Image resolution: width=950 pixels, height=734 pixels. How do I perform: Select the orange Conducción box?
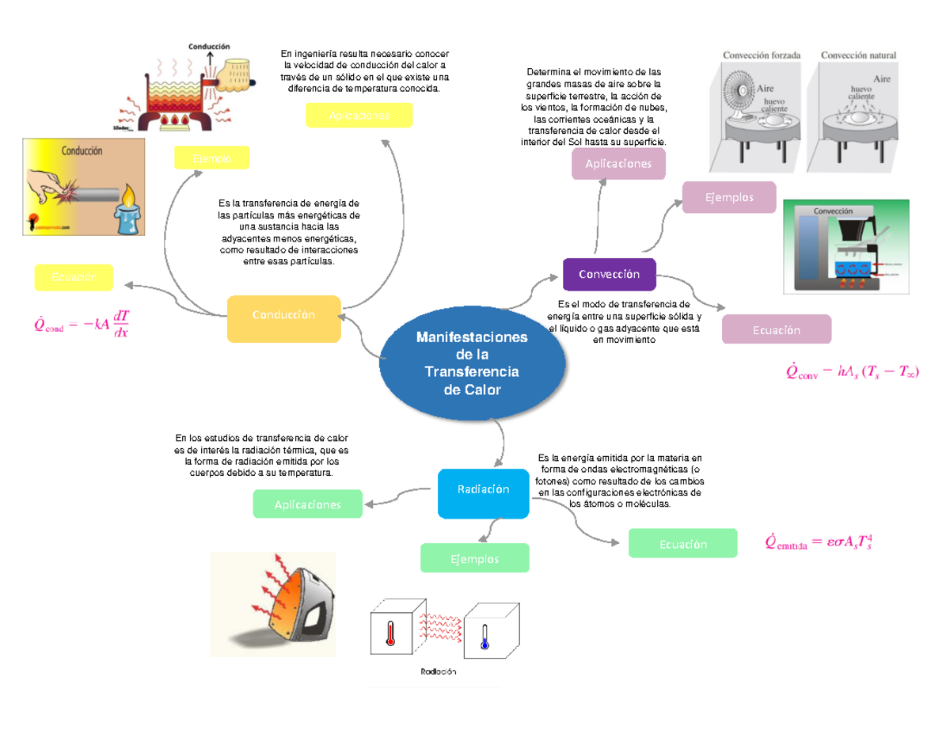point(283,315)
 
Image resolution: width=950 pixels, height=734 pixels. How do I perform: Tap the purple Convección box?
point(609,274)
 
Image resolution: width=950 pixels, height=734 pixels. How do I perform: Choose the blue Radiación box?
point(483,490)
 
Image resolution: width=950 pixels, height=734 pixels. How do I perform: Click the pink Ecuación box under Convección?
point(776,329)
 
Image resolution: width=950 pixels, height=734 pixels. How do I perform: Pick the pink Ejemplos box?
point(730,197)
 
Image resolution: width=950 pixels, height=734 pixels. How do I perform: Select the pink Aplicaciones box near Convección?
point(618,164)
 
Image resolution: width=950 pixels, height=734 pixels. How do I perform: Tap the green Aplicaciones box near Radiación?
point(307,504)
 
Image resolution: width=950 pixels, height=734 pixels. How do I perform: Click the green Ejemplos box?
point(475,558)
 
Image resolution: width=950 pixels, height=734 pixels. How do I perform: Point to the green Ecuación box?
point(682,544)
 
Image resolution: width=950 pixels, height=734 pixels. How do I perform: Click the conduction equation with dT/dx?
point(83,324)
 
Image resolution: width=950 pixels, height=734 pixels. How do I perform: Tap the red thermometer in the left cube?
point(389,634)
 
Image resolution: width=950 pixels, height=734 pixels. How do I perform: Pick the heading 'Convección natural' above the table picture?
point(858,55)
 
